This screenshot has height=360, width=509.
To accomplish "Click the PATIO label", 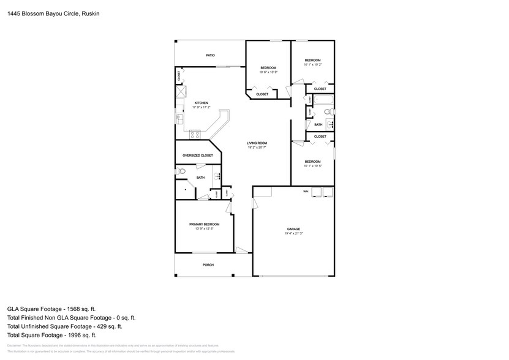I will click(x=210, y=56).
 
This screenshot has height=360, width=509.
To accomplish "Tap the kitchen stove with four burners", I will click(x=195, y=133).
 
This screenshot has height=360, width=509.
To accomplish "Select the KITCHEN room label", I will click(x=202, y=102).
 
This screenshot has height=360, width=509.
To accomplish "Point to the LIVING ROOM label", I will click(x=257, y=143).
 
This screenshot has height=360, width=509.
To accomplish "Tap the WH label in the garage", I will click(x=305, y=192).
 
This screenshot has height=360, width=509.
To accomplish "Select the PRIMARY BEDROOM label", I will click(x=204, y=224).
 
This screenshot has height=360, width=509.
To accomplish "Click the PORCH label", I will click(x=208, y=265).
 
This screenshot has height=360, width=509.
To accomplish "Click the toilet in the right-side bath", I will click(x=328, y=111).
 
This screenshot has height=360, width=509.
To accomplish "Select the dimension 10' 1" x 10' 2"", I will click(x=312, y=64).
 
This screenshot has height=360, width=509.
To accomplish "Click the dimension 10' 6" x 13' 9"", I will click(x=268, y=72).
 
